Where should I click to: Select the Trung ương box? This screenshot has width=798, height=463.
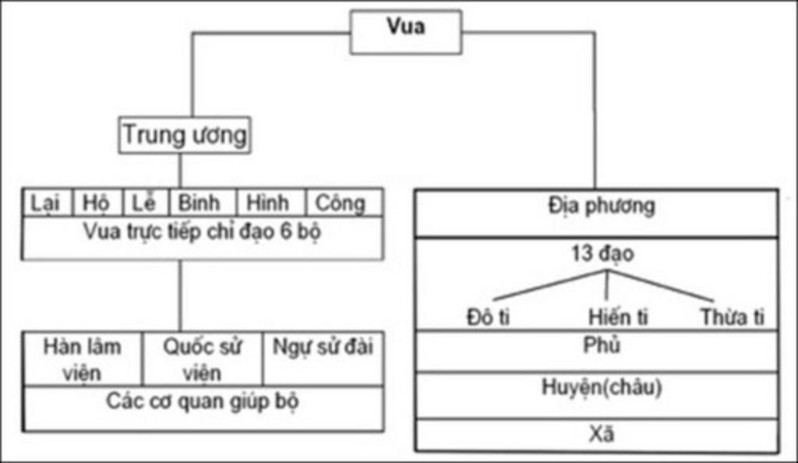(185, 136)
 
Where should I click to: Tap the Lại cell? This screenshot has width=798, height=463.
(47, 203)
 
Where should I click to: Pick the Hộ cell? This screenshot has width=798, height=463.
(97, 203)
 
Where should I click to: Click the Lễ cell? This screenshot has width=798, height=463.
(145, 203)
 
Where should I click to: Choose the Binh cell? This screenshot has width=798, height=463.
(200, 203)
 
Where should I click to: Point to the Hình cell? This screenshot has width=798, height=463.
(269, 203)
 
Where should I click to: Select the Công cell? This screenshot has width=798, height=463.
(341, 203)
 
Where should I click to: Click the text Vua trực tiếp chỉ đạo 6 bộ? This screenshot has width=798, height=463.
(202, 233)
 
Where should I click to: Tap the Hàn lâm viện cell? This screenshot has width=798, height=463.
(83, 359)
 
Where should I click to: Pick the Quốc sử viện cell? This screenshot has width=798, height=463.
(202, 359)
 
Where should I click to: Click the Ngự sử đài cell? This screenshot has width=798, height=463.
(323, 348)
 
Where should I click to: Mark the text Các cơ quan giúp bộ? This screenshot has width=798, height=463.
(202, 402)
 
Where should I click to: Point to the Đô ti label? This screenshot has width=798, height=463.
(489, 317)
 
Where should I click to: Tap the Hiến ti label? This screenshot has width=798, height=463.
(618, 317)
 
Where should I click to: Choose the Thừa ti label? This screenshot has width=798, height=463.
(732, 317)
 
